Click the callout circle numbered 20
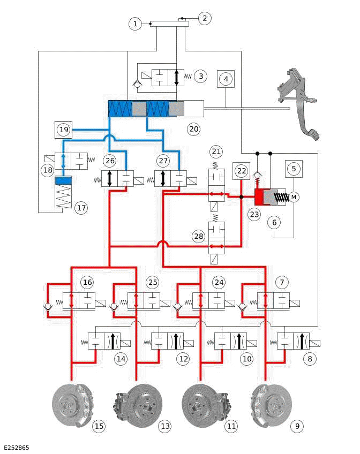point(193,129)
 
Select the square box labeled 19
point(64,130)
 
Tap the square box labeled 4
point(227,79)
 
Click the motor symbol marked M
point(294,198)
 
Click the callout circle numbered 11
point(231,426)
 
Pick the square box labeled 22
point(242,170)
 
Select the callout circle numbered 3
point(200,76)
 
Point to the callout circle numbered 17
point(81,208)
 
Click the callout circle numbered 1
point(136,24)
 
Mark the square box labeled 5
point(294,168)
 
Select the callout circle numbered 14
point(122,359)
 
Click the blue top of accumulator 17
point(63,180)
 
